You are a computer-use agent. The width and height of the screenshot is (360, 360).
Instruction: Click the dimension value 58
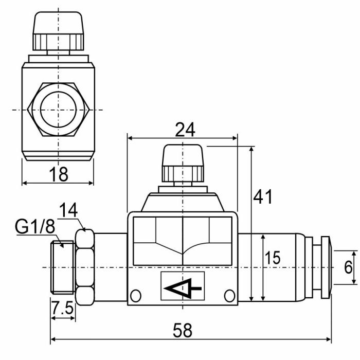182,330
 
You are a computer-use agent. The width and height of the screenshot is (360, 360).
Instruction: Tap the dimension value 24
185,130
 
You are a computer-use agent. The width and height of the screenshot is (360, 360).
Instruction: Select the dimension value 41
263,196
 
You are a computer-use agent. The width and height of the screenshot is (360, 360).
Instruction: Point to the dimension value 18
59,174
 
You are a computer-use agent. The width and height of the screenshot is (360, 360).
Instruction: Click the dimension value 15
273,258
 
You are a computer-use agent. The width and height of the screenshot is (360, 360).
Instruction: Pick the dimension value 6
348,267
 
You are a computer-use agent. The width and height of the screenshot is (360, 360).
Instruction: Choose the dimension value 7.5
62,308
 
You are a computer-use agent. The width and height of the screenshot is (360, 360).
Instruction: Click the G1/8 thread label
35,227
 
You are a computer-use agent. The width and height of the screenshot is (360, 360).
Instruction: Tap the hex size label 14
68,210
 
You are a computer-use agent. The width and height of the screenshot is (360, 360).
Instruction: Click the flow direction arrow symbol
183,289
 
